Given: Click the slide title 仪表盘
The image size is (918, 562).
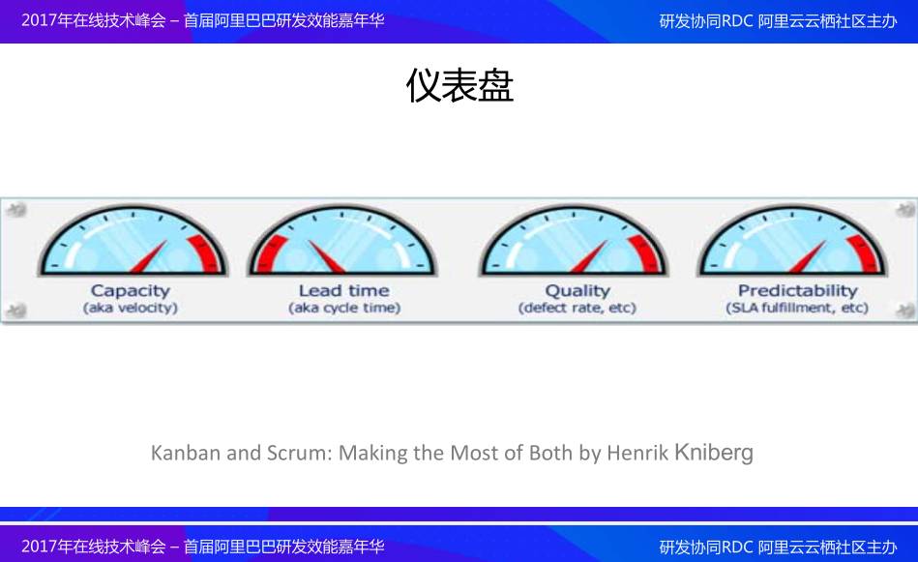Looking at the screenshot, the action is [459, 85].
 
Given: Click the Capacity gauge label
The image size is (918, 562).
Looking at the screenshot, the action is [131, 290].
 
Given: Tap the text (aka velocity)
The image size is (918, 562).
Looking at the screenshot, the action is [131, 308].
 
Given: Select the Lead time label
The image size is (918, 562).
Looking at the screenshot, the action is [344, 290].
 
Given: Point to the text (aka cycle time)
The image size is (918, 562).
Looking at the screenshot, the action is [344, 308].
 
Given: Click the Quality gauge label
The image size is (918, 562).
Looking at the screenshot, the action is [577, 291].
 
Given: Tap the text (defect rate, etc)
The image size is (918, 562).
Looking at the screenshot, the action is [577, 308].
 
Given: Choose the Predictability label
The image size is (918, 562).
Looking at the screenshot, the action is [797, 290].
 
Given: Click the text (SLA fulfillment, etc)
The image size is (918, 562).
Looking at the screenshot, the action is [797, 308].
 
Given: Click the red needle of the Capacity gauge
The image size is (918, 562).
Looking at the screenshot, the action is [149, 257].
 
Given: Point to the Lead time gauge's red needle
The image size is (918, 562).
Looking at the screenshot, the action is [327, 257].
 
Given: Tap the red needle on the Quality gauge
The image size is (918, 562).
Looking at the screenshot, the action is [589, 257].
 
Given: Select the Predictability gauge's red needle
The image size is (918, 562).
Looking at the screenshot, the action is [808, 257].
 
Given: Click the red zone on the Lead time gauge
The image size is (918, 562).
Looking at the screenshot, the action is [268, 253].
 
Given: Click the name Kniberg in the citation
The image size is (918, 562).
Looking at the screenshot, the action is [714, 452].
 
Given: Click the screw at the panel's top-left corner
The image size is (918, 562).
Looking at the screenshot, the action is [17, 209].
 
